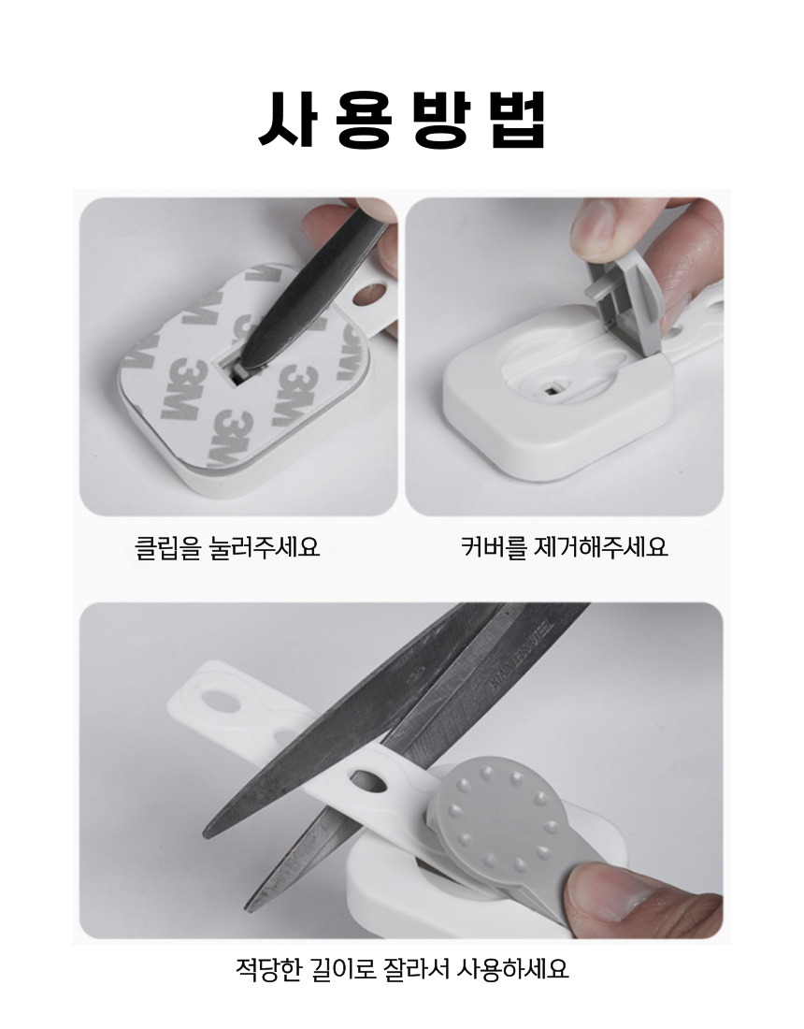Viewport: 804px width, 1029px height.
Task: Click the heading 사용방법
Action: (402, 118)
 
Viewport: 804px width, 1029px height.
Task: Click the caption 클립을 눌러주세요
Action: (227, 546)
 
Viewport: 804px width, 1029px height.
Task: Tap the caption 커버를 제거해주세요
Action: (564, 546)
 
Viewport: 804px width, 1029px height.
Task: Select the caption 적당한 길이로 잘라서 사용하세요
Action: (401, 968)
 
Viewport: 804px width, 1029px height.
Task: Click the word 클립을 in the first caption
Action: (167, 546)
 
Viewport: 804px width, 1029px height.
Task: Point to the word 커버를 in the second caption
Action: (494, 546)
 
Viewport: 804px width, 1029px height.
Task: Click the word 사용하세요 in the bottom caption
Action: (512, 968)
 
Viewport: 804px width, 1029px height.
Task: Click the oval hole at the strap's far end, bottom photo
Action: (221, 701)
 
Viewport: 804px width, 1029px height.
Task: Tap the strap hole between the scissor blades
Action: (370, 779)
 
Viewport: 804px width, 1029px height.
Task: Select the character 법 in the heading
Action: (517, 119)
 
